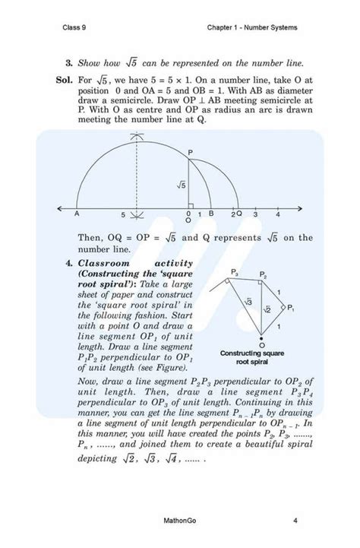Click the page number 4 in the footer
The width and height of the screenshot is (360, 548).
(x=294, y=521)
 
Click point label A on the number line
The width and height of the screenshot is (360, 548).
(x=77, y=214)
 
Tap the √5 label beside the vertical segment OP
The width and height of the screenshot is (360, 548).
(x=181, y=185)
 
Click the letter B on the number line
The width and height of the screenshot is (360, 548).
(x=210, y=215)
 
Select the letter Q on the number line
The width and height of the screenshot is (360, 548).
(x=238, y=215)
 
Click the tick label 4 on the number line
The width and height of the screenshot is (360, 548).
(x=279, y=215)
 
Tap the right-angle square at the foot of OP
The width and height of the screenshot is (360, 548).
(x=191, y=203)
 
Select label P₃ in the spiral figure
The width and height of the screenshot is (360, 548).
(x=235, y=272)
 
